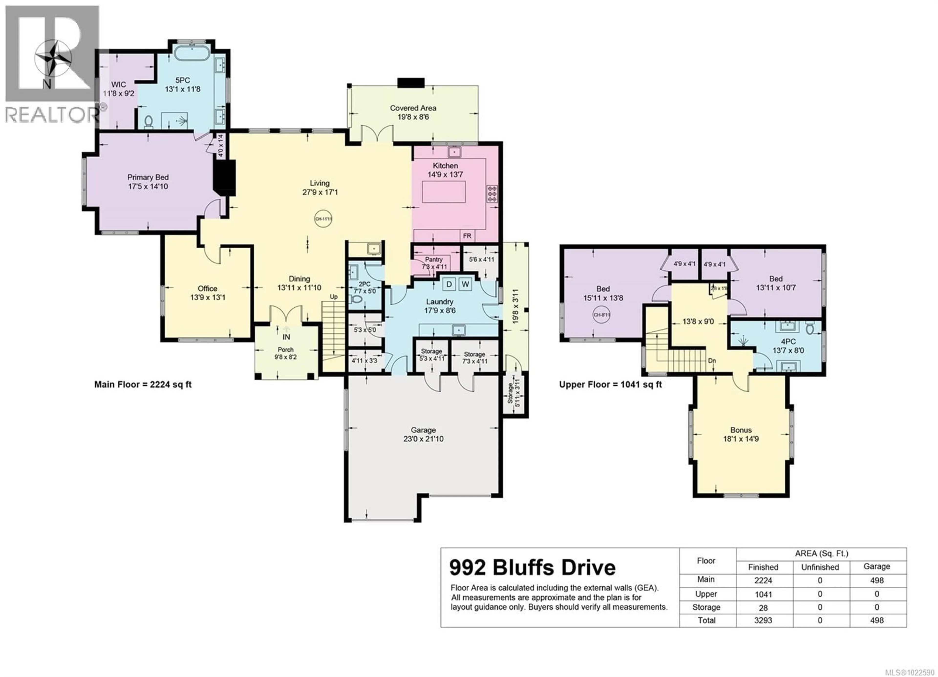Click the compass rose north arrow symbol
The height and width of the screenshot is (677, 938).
53,60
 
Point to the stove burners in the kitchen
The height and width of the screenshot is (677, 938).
492,193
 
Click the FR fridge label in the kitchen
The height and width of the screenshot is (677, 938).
467,236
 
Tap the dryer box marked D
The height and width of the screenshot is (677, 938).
449,284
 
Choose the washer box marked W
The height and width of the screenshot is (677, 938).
465,284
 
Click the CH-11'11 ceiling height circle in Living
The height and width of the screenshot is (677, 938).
323,219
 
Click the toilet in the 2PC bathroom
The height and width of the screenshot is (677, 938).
354,299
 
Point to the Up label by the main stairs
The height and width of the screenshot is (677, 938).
333,296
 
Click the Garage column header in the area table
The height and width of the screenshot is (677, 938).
876,567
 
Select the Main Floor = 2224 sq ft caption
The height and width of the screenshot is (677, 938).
143,384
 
